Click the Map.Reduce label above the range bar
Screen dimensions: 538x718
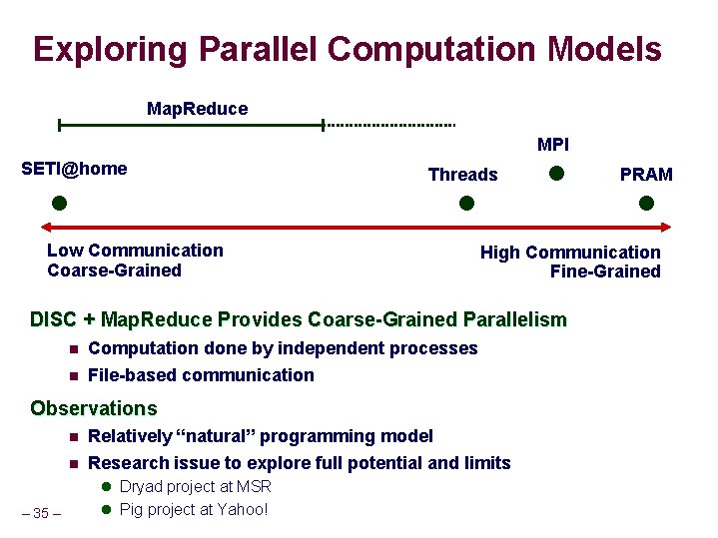coord(197,108)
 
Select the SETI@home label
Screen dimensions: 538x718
coord(74,169)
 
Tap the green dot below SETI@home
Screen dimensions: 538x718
coord(59,203)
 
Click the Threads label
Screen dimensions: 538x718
coord(462,175)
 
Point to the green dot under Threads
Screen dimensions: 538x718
coord(465,203)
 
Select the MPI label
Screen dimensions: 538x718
coord(552,145)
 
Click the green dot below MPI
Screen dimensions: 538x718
coord(557,174)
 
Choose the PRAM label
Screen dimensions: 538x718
coord(646,175)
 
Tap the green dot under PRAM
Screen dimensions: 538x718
coord(646,203)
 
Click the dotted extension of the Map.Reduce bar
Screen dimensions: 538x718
coord(390,126)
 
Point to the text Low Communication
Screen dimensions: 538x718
coord(135,251)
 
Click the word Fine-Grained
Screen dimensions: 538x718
coord(605,271)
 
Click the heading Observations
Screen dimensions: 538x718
coord(94,408)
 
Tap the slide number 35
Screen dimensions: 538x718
coord(41,513)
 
